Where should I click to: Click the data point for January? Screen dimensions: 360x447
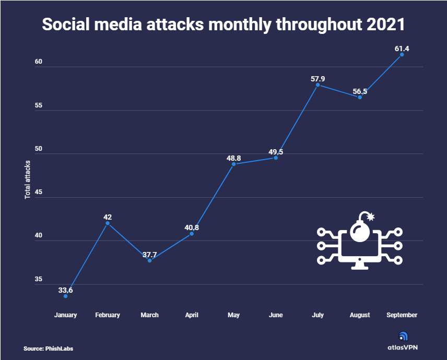tap(66, 296)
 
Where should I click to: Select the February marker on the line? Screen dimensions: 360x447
tap(108, 223)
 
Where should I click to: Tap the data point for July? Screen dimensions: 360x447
tap(317, 85)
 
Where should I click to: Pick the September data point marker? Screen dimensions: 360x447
tap(402, 54)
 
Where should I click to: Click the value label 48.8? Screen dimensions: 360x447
tap(233, 157)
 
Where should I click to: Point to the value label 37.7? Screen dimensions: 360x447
tap(149, 254)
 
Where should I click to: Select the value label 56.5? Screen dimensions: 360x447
tap(360, 90)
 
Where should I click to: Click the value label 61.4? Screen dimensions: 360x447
tap(402, 49)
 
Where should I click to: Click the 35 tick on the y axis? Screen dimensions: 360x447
tap(38, 280)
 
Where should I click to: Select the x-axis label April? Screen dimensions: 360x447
tap(191, 315)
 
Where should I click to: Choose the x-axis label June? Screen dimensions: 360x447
tap(275, 315)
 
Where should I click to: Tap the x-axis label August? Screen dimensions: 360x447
tap(359, 315)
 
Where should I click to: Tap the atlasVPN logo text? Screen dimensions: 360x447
tap(402, 346)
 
